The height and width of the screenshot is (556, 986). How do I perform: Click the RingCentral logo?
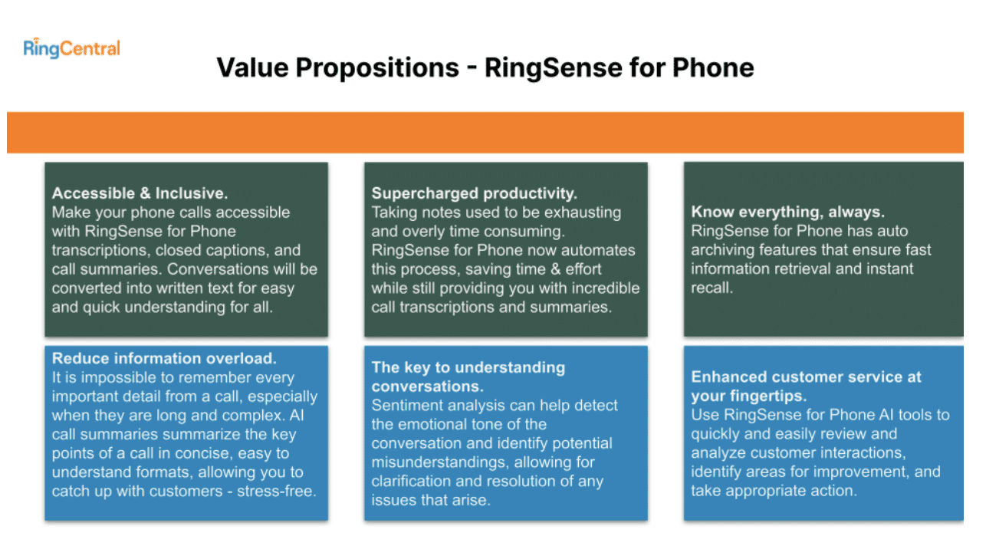tap(72, 48)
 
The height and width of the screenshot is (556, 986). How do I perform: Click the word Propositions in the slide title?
tap(377, 67)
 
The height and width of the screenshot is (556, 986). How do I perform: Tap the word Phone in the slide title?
tap(713, 67)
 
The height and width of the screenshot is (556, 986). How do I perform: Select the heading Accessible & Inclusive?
tap(140, 193)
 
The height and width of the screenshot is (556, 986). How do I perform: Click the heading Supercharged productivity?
tap(474, 193)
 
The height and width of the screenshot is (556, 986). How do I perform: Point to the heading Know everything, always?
tap(787, 212)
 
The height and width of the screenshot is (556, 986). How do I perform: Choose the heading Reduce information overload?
tap(164, 358)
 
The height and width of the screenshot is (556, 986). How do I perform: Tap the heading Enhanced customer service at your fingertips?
tap(806, 386)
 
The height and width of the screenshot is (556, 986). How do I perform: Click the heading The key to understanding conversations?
tap(468, 377)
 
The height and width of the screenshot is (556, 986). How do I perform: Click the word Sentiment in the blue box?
tap(403, 405)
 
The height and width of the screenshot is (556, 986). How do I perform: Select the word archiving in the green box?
tap(723, 250)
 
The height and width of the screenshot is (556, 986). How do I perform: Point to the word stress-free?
tap(277, 491)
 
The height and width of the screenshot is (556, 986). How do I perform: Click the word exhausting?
tap(583, 212)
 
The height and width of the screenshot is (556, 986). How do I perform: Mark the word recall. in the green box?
tap(712, 288)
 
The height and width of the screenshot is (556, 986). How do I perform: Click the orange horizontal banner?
tap(485, 133)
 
